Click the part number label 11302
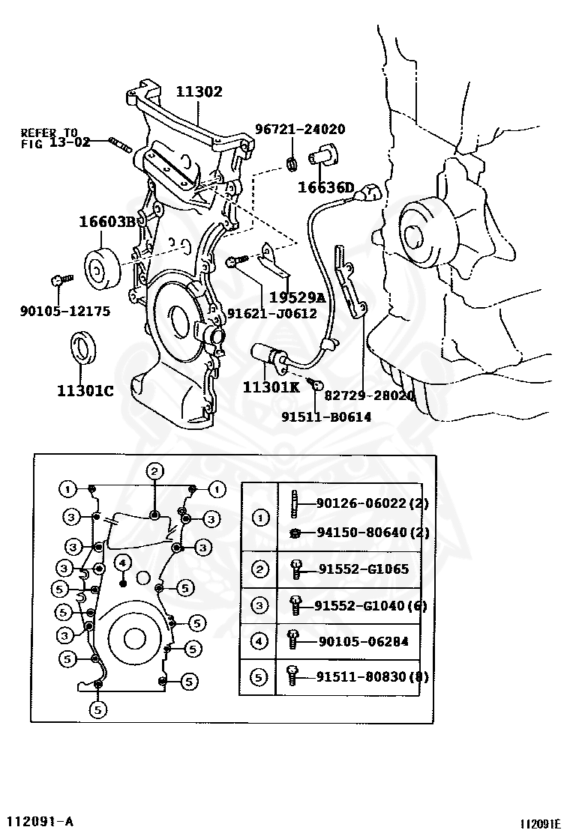(199, 92)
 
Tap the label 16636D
(325, 187)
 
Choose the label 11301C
(85, 390)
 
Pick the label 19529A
(297, 297)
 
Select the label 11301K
(271, 387)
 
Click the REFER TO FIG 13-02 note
(49, 137)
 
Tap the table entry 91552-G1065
(362, 569)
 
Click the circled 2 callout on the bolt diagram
(154, 470)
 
